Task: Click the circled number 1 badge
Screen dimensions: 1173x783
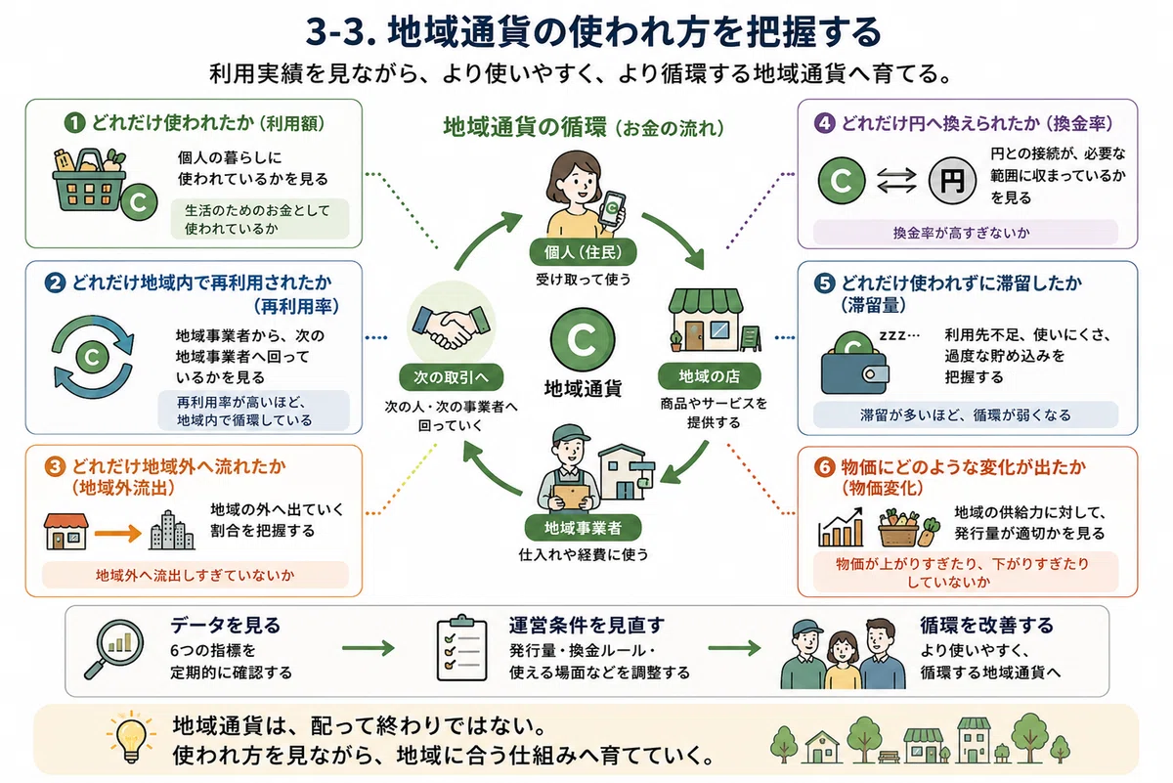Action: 74,123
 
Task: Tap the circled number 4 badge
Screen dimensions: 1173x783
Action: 824,123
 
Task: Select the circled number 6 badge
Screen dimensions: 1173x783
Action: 824,466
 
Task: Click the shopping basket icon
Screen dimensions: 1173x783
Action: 90,180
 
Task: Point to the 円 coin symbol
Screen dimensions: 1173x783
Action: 952,181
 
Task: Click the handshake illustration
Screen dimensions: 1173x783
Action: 452,326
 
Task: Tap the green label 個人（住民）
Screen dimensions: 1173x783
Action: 583,252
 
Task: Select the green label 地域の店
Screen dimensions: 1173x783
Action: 709,376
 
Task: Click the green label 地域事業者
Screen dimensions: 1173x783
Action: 583,528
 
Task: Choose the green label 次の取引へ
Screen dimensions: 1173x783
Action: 451,377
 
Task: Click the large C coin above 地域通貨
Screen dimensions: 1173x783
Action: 583,339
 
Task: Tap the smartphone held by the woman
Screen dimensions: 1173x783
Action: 612,208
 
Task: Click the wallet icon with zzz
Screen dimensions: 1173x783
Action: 855,364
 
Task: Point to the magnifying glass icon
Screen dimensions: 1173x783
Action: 114,648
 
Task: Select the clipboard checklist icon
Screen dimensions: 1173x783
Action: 461,648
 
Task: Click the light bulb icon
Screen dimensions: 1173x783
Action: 131,737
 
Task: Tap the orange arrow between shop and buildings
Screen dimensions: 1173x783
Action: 118,534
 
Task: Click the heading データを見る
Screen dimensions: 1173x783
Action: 226,626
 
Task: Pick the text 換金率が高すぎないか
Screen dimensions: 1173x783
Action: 962,233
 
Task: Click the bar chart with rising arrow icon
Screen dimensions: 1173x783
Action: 841,527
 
